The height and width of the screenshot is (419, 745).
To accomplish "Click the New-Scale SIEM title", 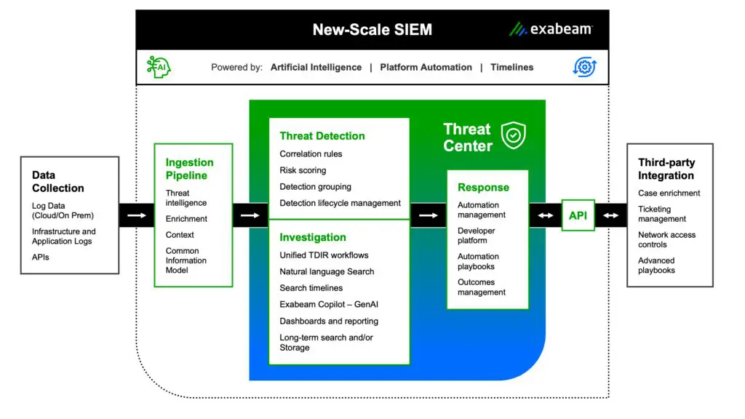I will (372, 30).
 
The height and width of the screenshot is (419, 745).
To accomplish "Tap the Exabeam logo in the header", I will (551, 29).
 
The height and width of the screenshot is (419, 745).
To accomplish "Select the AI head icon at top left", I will (159, 67).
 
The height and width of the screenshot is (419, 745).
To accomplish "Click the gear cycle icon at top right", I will (584, 67).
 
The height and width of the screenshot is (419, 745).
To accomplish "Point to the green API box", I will (578, 215).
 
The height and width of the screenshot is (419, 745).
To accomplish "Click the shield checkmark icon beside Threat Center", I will (514, 135).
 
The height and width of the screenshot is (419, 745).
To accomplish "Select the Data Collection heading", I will (58, 182).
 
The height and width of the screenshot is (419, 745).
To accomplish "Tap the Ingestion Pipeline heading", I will (189, 169).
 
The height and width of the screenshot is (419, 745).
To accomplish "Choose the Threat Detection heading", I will (322, 136).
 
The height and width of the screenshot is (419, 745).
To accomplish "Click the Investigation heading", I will (313, 237).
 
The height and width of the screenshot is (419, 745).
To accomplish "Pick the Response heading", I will (483, 188).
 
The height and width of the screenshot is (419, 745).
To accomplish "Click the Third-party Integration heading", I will (666, 169).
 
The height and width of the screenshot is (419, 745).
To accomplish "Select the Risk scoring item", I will (303, 170).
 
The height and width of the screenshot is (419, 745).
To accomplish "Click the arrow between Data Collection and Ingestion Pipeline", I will (136, 215).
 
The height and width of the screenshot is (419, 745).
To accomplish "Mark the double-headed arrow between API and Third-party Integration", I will (611, 215).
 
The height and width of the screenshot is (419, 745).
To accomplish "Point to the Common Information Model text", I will (186, 260).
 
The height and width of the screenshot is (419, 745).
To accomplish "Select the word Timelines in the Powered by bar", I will (511, 67).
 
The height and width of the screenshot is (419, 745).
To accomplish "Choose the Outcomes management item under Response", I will (481, 287).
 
